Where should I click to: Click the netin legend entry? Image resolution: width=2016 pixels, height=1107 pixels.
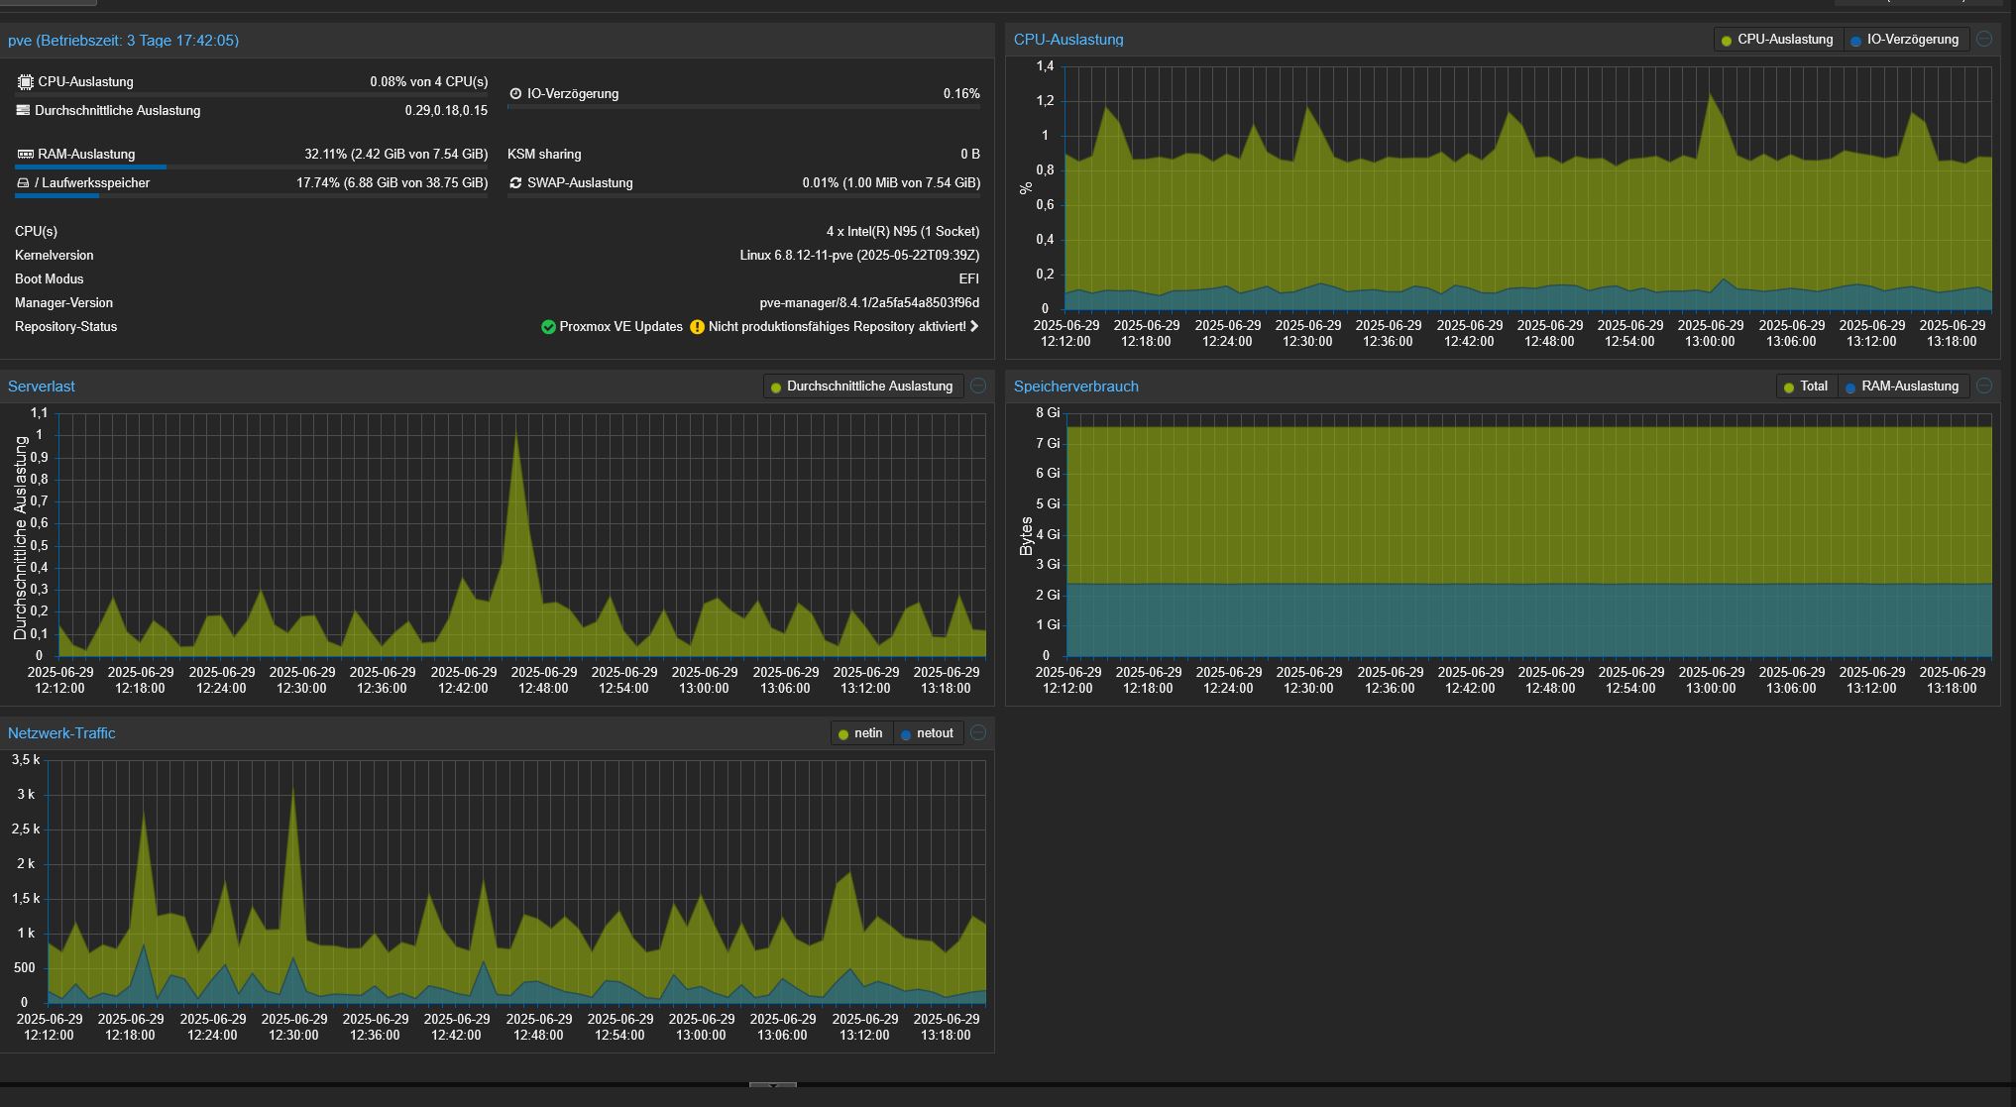[x=860, y=733]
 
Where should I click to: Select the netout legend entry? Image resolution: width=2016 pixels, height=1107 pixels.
[x=927, y=733]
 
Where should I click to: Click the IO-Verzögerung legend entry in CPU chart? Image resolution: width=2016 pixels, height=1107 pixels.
[x=1904, y=40]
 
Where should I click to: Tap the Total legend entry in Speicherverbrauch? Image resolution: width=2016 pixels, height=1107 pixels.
[x=1805, y=387]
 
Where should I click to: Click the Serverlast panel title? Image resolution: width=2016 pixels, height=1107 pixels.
[x=42, y=387]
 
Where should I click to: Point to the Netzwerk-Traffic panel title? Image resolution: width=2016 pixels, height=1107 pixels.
[x=61, y=733]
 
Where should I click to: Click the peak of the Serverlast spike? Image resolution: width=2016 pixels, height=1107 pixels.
[x=516, y=431]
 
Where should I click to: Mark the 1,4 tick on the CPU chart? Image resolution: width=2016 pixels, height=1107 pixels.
[x=1045, y=66]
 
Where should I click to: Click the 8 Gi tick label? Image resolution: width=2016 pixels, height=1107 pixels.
[x=1048, y=412]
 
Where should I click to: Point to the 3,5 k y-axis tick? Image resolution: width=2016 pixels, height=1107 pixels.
[x=26, y=760]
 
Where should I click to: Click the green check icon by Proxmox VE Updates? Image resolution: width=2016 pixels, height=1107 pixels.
[x=548, y=327]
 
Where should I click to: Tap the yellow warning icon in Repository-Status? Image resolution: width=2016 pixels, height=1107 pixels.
[x=697, y=327]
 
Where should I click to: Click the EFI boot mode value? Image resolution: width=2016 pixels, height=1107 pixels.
[x=969, y=279]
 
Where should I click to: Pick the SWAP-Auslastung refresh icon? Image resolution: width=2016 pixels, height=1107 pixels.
[x=515, y=183]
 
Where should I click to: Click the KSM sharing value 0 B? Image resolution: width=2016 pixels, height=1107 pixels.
[x=970, y=155]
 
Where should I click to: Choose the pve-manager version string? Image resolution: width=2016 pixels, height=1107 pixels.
[x=869, y=303]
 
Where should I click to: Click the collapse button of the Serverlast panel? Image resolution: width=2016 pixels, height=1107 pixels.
[x=978, y=386]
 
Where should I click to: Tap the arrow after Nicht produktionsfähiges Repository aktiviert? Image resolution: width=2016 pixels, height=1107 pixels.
[x=974, y=326]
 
